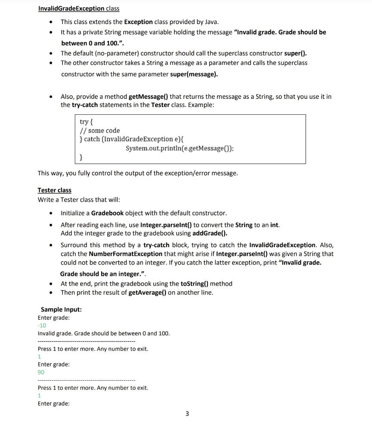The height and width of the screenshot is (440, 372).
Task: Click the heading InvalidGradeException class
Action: (x=78, y=9)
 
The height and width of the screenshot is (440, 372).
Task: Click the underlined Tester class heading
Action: (x=55, y=190)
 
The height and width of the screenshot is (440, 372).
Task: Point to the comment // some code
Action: (x=100, y=131)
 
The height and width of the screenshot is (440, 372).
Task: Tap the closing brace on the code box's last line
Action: (x=81, y=158)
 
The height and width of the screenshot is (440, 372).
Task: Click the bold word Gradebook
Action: (x=107, y=213)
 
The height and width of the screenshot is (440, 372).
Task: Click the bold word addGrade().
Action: (x=210, y=233)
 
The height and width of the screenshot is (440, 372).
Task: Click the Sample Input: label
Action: (x=61, y=309)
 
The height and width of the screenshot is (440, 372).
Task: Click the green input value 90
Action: (x=41, y=372)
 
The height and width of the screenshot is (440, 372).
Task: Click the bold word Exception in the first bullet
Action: (x=138, y=22)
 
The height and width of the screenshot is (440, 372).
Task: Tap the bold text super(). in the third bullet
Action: (x=296, y=54)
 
